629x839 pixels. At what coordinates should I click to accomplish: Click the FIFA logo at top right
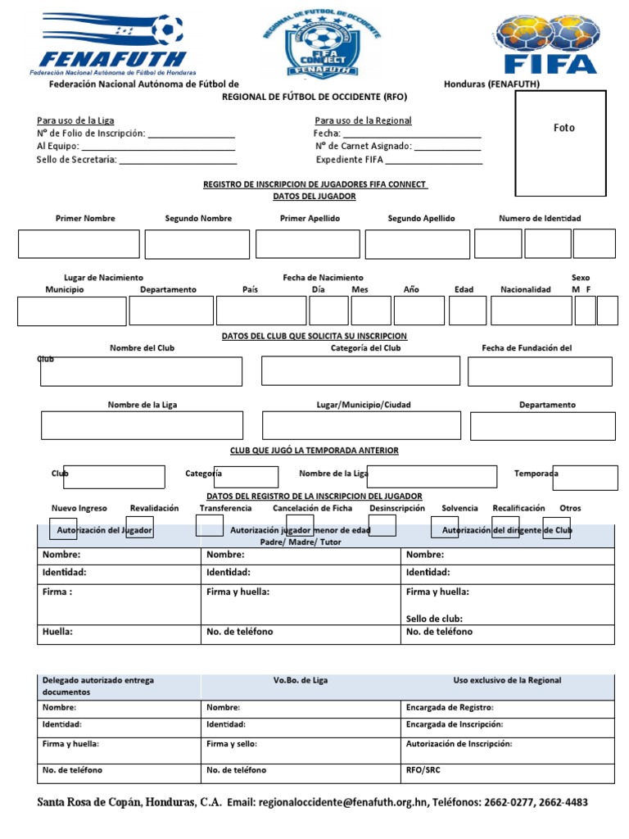click(x=550, y=44)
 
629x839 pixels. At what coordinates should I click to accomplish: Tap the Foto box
click(x=560, y=143)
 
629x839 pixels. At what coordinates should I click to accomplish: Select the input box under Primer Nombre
click(x=79, y=244)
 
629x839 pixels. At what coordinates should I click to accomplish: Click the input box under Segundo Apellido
click(x=418, y=244)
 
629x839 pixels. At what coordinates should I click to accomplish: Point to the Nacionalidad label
click(x=526, y=289)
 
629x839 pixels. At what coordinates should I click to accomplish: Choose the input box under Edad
click(x=468, y=311)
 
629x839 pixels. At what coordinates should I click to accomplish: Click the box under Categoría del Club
click(x=360, y=370)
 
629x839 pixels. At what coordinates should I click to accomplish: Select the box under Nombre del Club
click(x=142, y=371)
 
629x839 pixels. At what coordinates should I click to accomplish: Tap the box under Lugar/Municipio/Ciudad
click(x=361, y=425)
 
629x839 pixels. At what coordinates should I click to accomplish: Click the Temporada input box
click(x=585, y=478)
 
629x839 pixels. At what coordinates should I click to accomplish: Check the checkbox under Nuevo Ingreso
click(x=64, y=528)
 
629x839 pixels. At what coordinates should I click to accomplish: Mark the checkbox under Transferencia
click(x=210, y=526)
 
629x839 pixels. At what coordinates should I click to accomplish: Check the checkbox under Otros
click(x=556, y=528)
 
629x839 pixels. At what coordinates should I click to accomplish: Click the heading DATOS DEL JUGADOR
click(x=314, y=197)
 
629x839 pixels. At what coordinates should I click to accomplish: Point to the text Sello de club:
click(x=435, y=619)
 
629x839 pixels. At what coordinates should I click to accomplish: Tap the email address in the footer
click(x=342, y=803)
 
